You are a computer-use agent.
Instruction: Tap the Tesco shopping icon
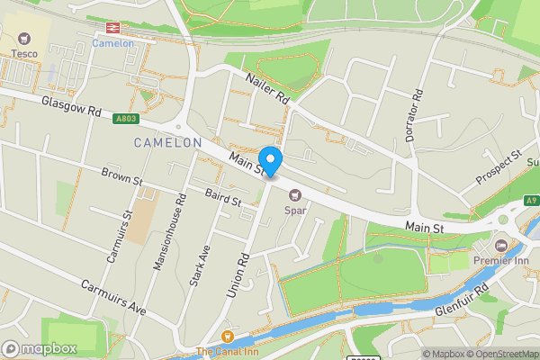(x=23, y=39)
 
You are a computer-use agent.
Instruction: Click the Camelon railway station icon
(x=113, y=28)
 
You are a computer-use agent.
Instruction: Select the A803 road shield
(x=127, y=119)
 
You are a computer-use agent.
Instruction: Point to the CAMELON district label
(x=168, y=143)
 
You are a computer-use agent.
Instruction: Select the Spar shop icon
(x=294, y=195)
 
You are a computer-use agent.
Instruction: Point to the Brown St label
(x=122, y=176)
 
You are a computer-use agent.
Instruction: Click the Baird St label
(x=222, y=197)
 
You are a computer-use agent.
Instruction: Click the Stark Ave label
(x=202, y=264)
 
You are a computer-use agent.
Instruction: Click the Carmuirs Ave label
(x=112, y=295)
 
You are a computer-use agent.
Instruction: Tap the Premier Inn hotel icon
(x=502, y=245)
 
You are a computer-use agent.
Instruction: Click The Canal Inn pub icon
(x=227, y=337)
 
